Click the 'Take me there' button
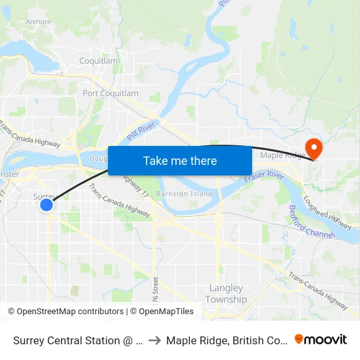click(x=180, y=160)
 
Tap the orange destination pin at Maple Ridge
click(x=314, y=149)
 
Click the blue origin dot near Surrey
click(x=46, y=205)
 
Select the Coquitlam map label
click(x=98, y=61)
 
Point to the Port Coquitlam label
click(x=111, y=94)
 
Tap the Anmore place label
click(x=38, y=22)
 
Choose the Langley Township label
click(x=226, y=294)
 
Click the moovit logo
click(x=320, y=340)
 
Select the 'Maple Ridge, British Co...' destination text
click(x=226, y=340)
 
